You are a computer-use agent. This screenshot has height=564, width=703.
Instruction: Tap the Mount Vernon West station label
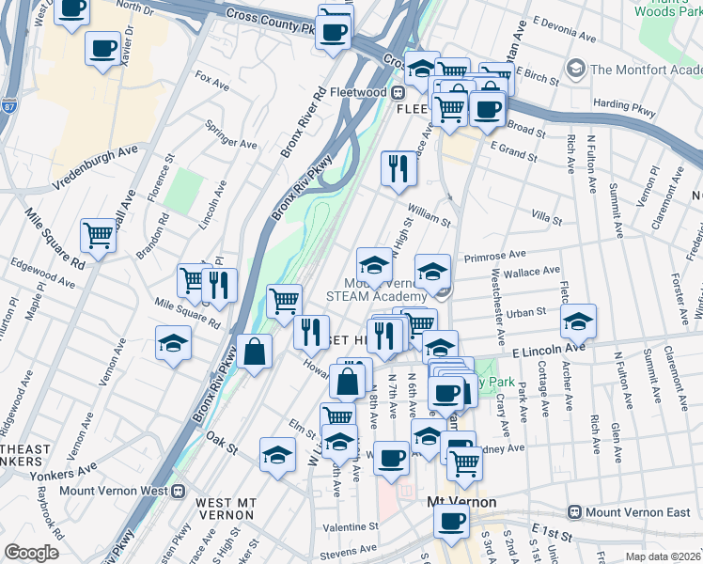pos(113,491)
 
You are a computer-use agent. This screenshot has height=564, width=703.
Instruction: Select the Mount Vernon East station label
pos(635,511)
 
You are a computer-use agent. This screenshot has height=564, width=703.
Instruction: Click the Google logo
pos(31,553)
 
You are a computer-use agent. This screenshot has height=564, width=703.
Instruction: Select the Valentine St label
pos(351,527)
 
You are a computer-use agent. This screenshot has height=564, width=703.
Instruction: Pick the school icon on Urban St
pos(579,321)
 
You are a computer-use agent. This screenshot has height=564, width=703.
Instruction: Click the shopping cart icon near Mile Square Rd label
pos(98,235)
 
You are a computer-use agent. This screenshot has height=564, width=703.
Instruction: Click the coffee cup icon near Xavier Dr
pos(102,47)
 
